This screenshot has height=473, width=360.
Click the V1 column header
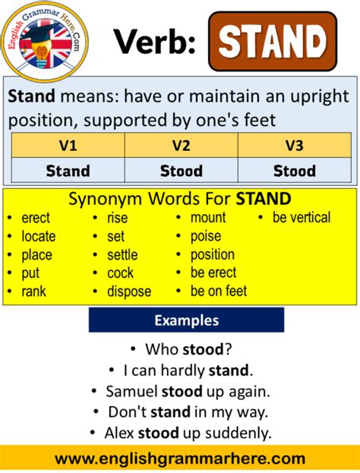pos(67,145)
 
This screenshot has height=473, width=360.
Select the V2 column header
pos(181,145)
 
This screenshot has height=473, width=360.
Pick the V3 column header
pos(294,145)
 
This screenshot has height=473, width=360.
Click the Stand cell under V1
pos(67,170)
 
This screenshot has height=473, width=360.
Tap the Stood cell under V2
pos(181,170)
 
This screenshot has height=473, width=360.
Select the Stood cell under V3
pos(294,170)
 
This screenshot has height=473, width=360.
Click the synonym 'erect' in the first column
pos(36,218)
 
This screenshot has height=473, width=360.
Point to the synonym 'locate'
pos(38,236)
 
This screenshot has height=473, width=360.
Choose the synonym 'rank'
pos(34,291)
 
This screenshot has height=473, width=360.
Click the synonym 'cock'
pos(120,273)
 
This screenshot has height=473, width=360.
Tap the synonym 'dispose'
pos(128,291)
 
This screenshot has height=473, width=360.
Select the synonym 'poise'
pos(206,236)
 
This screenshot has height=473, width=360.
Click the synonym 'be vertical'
pos(302,218)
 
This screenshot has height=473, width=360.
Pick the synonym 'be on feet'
pos(218,291)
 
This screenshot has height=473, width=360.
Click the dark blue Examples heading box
pos(186,320)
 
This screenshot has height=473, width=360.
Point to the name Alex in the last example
pos(117,433)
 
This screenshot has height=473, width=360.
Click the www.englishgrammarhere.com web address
pos(180,459)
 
